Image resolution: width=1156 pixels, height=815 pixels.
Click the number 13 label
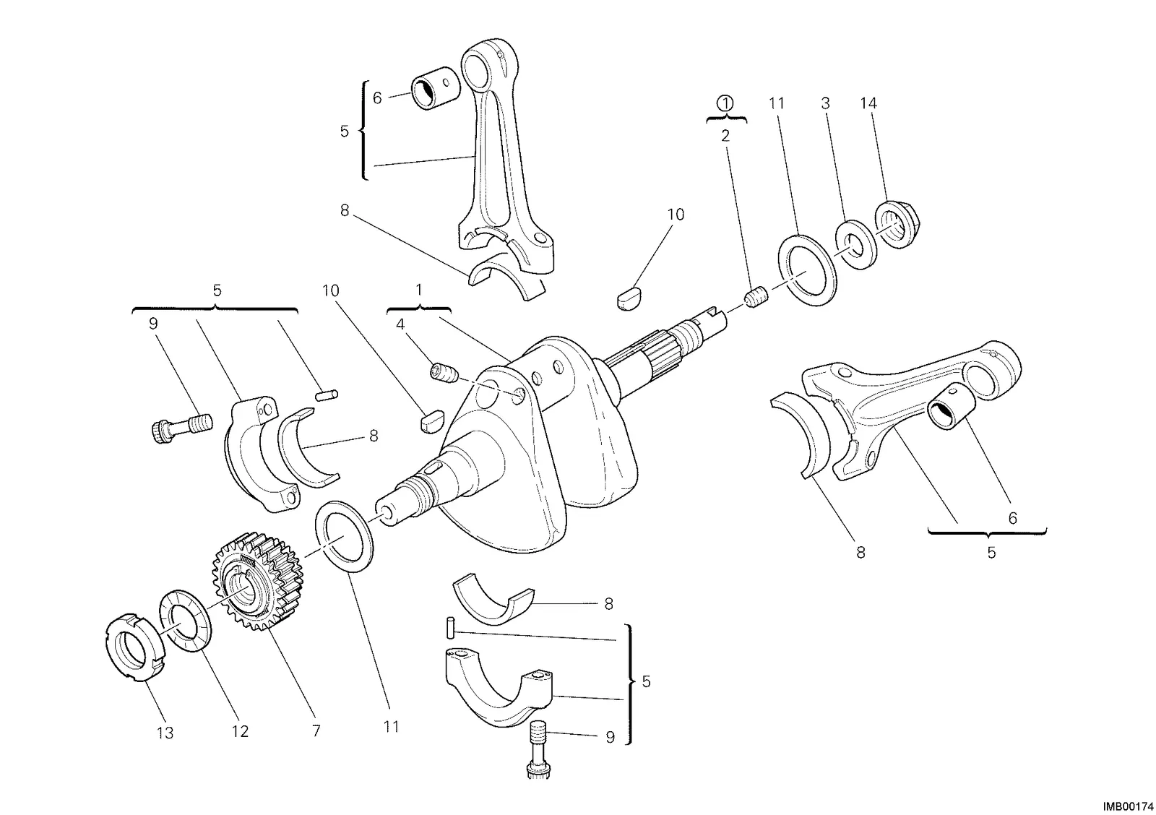tap(165, 733)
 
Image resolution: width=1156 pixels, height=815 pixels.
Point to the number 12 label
tap(240, 731)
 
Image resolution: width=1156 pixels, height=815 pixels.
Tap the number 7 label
tap(316, 731)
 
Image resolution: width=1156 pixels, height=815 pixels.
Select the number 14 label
tap(868, 103)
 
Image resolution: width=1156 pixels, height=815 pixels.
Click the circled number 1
tap(725, 103)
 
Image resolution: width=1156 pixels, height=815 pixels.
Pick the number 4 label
tap(400, 324)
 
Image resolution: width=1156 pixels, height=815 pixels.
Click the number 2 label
tap(725, 136)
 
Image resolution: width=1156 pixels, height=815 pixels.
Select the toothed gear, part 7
tap(258, 581)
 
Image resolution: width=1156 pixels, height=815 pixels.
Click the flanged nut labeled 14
tap(899, 225)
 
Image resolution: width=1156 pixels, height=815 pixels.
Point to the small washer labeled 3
tap(856, 245)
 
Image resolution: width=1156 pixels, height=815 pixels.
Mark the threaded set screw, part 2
tap(757, 298)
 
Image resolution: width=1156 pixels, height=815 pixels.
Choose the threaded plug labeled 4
tap(444, 373)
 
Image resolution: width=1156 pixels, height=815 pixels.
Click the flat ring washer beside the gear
tap(345, 536)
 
